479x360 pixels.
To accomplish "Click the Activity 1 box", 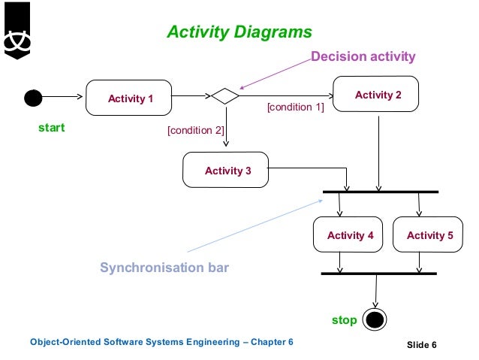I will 130,98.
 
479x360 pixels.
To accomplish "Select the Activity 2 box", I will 378,95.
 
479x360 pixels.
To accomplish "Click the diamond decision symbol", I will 225,96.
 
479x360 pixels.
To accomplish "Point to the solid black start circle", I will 33,98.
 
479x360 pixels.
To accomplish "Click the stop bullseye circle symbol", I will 375,320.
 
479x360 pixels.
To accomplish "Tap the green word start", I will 52,128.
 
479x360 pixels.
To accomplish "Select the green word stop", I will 344,320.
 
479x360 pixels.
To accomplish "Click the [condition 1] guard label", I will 295,107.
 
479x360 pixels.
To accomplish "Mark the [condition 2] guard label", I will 195,130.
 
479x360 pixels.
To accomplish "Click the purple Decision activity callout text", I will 363,56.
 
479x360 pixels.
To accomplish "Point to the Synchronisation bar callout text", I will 164,268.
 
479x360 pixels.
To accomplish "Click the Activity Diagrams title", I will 239,32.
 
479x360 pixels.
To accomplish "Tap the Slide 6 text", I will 421,345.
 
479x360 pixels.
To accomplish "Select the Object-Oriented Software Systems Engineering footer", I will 161,343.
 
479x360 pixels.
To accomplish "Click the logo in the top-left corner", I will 17,30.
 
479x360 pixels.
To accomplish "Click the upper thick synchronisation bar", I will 380,192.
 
